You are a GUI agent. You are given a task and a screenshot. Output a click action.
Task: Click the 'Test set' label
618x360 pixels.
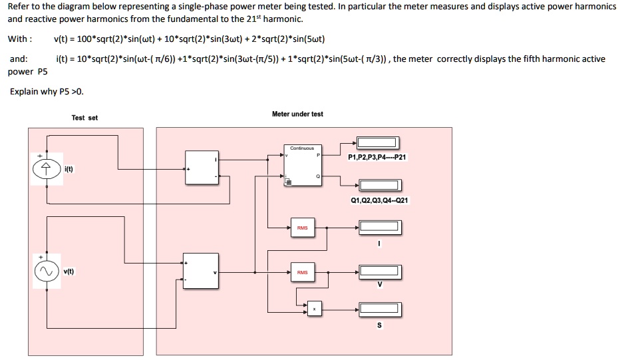[x=84, y=118]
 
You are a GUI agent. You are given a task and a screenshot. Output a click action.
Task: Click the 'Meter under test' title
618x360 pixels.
[x=297, y=114]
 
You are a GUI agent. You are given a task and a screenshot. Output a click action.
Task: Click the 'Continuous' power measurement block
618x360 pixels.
[x=303, y=166]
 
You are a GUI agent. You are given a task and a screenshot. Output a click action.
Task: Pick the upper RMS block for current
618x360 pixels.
[x=302, y=228]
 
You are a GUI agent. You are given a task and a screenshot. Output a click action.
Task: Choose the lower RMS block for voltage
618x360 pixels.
[x=302, y=272]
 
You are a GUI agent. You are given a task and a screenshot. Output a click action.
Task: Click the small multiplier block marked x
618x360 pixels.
[x=315, y=308]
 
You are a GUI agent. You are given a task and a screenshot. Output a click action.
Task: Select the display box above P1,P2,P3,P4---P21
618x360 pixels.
[x=377, y=142]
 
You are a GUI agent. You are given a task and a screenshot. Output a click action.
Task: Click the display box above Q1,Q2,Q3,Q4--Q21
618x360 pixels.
[x=380, y=185]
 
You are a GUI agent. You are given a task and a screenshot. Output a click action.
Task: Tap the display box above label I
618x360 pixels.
[x=380, y=228]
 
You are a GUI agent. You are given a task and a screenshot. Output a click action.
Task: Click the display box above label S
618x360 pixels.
[x=380, y=309]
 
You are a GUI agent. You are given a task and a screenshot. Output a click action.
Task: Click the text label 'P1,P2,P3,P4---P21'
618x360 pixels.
[x=377, y=157]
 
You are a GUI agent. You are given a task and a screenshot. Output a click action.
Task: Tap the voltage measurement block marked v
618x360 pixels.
[x=202, y=271]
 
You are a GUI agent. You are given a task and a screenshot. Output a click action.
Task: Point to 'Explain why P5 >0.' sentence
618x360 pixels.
[x=47, y=91]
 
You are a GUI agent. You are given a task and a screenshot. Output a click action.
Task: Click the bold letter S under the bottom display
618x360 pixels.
[x=379, y=325]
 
